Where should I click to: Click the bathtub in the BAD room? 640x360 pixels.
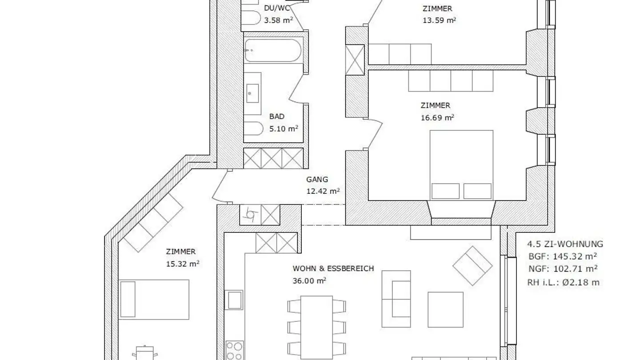coord(273,50)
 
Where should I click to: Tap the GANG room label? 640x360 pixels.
coord(317,180)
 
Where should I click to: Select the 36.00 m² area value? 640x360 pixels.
coord(309,280)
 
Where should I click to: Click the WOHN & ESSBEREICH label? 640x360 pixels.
coord(333,268)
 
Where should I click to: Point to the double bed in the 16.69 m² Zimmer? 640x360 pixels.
coord(461,165)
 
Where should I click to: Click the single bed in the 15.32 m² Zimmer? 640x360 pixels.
coord(154,299)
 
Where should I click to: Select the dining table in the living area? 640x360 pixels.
coord(316,327)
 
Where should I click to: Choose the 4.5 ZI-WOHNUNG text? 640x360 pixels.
coord(565,244)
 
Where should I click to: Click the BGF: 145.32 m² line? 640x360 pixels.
coord(562,256)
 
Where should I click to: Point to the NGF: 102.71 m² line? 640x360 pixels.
coord(562,268)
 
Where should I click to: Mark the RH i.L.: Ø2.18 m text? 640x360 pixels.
coord(563,282)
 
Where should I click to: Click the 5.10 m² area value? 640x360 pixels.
coord(284,129)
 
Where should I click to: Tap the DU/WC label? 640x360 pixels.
coord(275,8)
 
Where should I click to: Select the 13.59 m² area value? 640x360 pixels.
coord(439,20)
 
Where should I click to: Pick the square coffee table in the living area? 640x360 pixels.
coord(445,309)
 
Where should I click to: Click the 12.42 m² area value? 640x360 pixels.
coord(323,192)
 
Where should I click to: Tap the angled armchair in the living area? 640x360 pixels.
coord(472,266)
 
